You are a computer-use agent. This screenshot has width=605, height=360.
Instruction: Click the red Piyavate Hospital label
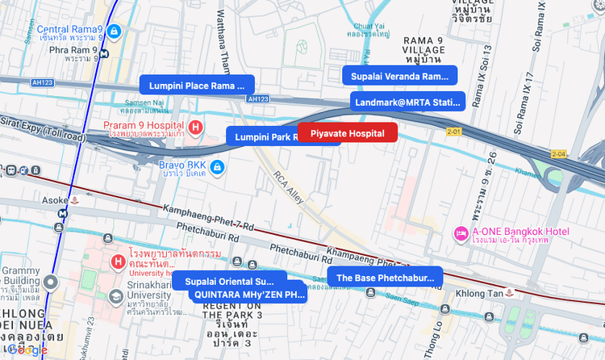tap(348, 132)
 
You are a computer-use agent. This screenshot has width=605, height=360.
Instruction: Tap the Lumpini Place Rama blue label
tap(197, 85)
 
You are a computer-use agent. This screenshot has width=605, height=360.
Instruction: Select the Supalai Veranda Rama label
tap(399, 76)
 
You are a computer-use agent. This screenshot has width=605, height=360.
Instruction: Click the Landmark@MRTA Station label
tap(408, 102)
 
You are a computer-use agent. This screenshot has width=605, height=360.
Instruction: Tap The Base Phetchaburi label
tap(385, 278)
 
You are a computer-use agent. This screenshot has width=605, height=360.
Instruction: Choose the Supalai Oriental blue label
tap(229, 282)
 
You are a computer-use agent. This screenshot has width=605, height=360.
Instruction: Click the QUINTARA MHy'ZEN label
tap(248, 294)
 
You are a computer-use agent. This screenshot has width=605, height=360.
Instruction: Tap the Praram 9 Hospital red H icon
tap(194, 128)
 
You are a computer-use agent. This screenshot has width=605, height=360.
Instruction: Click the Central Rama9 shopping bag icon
tap(115, 31)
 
